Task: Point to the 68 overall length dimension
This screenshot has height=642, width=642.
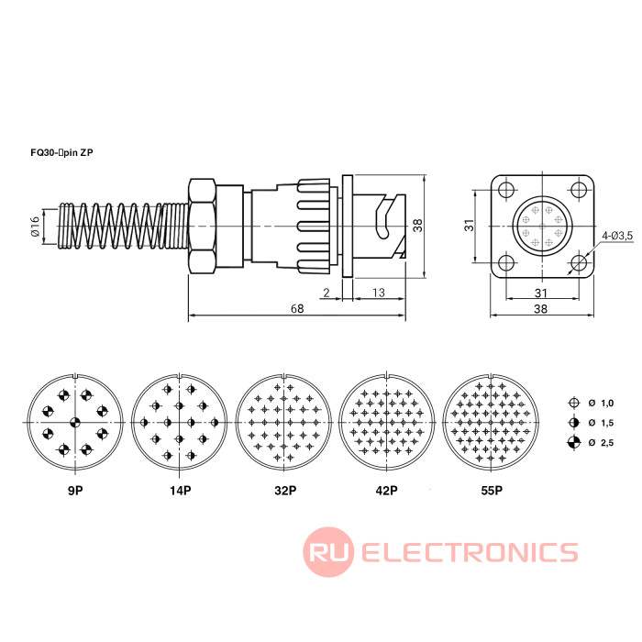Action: pyautogui.click(x=297, y=308)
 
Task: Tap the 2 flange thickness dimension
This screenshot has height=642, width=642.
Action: pyautogui.click(x=327, y=293)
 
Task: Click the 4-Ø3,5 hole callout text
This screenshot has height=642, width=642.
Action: pyautogui.click(x=617, y=237)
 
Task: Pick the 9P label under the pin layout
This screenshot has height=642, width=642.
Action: pyautogui.click(x=75, y=491)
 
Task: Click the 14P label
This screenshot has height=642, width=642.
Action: pyautogui.click(x=180, y=491)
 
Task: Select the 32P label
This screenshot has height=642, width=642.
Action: pyautogui.click(x=283, y=491)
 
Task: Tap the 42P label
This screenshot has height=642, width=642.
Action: pyautogui.click(x=386, y=491)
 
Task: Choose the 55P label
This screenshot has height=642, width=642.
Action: pyautogui.click(x=491, y=491)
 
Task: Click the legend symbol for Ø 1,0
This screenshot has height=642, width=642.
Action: pyautogui.click(x=573, y=404)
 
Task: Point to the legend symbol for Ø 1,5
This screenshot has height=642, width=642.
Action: pyautogui.click(x=573, y=423)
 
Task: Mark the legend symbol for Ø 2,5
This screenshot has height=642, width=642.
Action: pyautogui.click(x=573, y=443)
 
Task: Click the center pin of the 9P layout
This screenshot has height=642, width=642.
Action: pyautogui.click(x=75, y=422)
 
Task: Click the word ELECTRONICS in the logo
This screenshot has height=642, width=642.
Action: pyautogui.click(x=470, y=552)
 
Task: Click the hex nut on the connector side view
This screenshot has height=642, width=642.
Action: pyautogui.click(x=202, y=226)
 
